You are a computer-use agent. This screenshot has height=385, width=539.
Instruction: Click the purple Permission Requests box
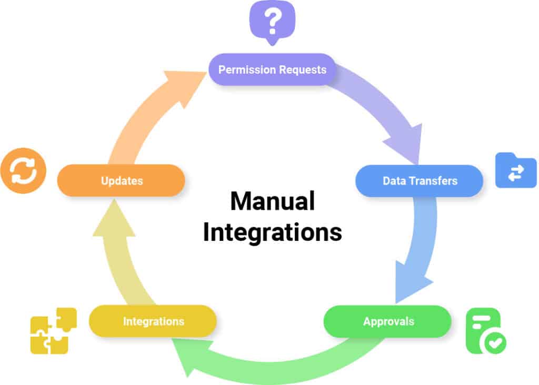click(x=272, y=69)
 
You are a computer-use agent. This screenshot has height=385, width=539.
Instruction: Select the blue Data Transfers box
click(x=420, y=181)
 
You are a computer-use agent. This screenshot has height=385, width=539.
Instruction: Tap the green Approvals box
click(x=387, y=321)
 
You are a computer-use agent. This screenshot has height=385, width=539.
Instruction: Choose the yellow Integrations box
click(x=153, y=321)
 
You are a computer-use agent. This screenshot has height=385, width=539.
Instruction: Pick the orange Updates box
click(x=121, y=181)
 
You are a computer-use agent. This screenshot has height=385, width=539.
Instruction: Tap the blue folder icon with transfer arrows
click(x=515, y=170)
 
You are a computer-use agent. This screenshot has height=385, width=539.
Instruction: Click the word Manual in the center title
click(x=272, y=201)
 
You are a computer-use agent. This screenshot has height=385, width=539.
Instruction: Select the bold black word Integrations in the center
click(x=272, y=232)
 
